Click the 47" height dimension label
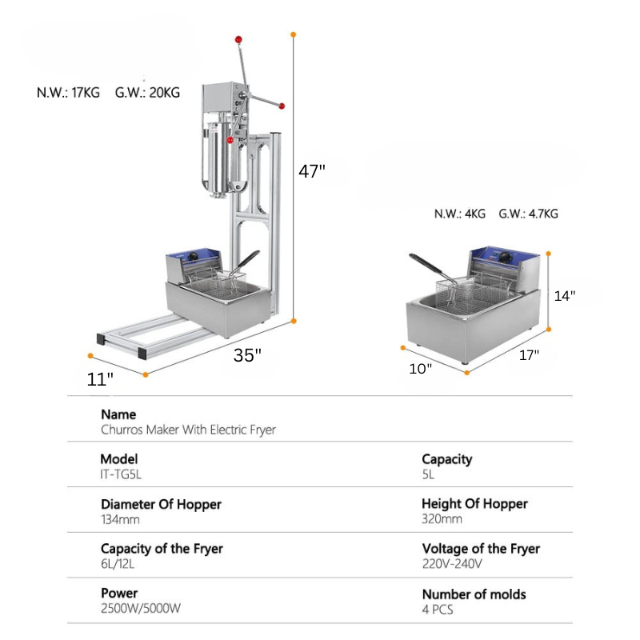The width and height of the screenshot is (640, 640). pyautogui.click(x=312, y=171)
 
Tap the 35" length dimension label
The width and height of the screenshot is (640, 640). pyautogui.click(x=247, y=356)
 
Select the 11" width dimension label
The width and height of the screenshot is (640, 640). pyautogui.click(x=100, y=379)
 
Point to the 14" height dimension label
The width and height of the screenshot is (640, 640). pyautogui.click(x=565, y=295)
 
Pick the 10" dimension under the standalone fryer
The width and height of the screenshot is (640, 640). pyautogui.click(x=421, y=368)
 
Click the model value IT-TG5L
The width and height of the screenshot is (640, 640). pyautogui.click(x=126, y=474)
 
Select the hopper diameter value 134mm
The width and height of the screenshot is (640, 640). pyautogui.click(x=122, y=518)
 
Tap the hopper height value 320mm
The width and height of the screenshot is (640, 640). pyautogui.click(x=442, y=518)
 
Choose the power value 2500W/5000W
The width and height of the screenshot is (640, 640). pyautogui.click(x=141, y=608)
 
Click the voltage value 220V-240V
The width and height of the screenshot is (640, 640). pyautogui.click(x=452, y=563)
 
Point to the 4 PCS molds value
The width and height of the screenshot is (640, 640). pyautogui.click(x=437, y=608)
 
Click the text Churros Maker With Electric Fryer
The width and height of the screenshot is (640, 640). pyautogui.click(x=188, y=430)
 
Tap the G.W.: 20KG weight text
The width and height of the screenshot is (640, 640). pyautogui.click(x=148, y=93)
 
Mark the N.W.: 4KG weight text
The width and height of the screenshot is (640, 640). pyautogui.click(x=460, y=214)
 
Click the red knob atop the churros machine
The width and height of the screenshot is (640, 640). pyautogui.click(x=238, y=39)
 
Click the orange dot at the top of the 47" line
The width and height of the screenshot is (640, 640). pyautogui.click(x=294, y=34)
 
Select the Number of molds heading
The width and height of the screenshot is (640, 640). pyautogui.click(x=474, y=594)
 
